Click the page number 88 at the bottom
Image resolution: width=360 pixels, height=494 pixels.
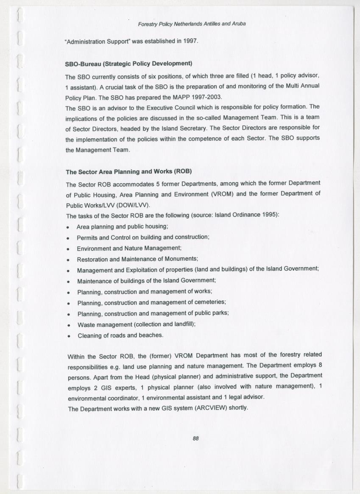tap(195, 438)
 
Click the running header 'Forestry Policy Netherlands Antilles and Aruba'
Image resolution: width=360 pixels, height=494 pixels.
tap(192, 24)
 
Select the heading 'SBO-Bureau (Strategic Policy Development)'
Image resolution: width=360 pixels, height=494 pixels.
tap(128, 64)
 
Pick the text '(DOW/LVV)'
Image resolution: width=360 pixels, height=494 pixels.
tap(135, 205)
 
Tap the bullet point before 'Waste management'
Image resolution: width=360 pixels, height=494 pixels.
tap(68, 324)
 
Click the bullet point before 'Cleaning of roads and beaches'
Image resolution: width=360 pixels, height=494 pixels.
tap(68, 335)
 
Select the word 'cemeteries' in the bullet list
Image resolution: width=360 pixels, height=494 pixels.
tap(209, 302)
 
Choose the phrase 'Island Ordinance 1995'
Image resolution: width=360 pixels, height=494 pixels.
tap(246, 215)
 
